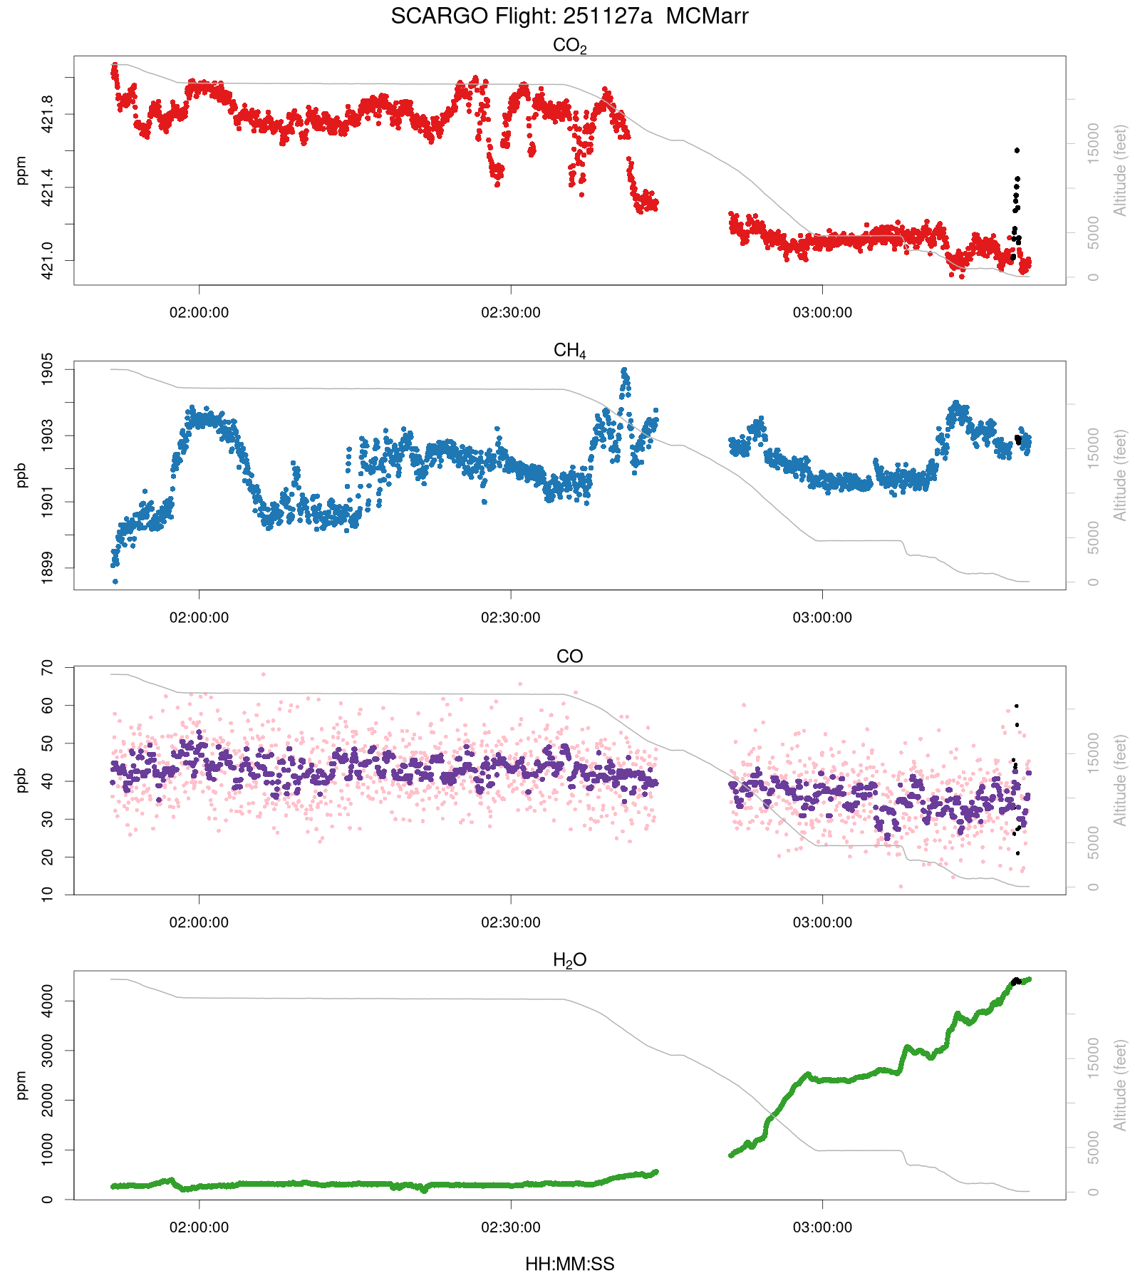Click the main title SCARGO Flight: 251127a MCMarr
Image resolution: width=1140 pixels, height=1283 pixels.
(569, 16)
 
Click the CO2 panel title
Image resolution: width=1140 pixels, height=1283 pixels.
(569, 46)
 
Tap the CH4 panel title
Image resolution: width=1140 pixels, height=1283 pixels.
(569, 351)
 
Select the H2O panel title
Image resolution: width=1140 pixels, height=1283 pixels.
(569, 961)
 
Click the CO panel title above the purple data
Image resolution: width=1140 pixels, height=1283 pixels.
(569, 656)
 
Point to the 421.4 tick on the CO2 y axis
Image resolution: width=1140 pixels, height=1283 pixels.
(47, 187)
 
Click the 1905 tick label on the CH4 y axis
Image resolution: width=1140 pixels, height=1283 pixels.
(47, 369)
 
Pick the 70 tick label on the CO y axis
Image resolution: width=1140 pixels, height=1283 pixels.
(47, 668)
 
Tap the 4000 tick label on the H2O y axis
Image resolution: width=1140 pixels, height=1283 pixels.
(47, 1001)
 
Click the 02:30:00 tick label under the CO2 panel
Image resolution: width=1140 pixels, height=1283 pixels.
(510, 313)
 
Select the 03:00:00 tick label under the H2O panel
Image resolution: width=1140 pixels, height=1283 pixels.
(822, 1228)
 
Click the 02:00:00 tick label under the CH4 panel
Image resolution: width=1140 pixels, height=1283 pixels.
(199, 618)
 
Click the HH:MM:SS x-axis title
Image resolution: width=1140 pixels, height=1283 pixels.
(569, 1264)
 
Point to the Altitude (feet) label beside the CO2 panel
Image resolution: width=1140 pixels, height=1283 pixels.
(1121, 170)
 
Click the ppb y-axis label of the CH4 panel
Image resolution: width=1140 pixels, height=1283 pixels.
(21, 475)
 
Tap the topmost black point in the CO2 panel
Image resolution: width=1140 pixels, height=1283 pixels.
(1017, 150)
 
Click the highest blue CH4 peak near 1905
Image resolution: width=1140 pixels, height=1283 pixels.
(625, 371)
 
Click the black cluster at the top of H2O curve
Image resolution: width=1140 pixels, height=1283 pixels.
(1017, 981)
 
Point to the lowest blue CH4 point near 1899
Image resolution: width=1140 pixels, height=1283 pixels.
(115, 582)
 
